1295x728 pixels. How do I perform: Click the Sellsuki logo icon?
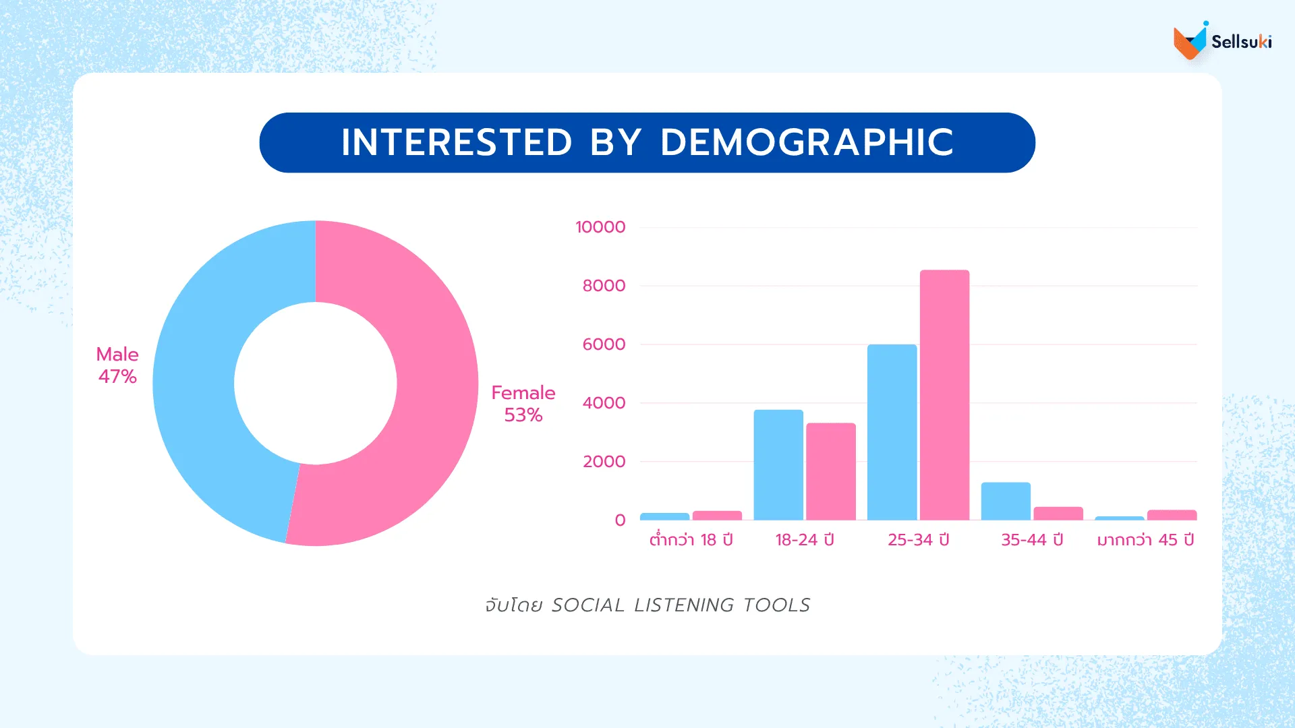pyautogui.click(x=1190, y=41)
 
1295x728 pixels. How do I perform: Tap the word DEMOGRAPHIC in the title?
pyautogui.click(x=807, y=142)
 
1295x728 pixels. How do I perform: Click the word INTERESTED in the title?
pyautogui.click(x=457, y=142)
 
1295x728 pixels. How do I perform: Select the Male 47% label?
pyautogui.click(x=117, y=365)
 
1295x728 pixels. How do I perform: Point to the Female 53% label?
pyautogui.click(x=523, y=404)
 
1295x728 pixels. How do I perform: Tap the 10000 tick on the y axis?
pyautogui.click(x=600, y=227)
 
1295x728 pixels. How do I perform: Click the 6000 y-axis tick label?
pyautogui.click(x=604, y=344)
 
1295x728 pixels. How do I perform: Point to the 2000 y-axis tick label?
pyautogui.click(x=604, y=462)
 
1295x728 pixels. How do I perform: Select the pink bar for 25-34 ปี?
pyautogui.click(x=944, y=398)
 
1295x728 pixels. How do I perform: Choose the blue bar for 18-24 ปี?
pyautogui.click(x=778, y=465)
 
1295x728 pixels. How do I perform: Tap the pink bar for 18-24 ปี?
pyautogui.click(x=831, y=472)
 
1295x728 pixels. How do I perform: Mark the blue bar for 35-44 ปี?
pyautogui.click(x=1006, y=502)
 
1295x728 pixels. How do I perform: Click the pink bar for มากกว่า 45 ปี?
pyautogui.click(x=1172, y=515)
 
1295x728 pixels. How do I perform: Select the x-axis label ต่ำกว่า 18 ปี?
pyautogui.click(x=691, y=540)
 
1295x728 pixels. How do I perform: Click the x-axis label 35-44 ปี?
pyautogui.click(x=1032, y=540)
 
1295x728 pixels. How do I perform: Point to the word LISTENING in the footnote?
pyautogui.click(x=683, y=605)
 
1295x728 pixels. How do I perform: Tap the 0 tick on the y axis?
pyautogui.click(x=620, y=520)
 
